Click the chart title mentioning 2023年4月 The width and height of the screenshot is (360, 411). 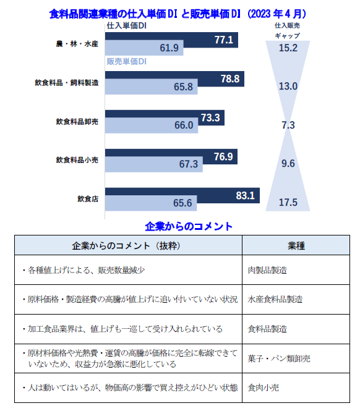(179, 13)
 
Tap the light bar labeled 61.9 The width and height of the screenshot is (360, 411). (145, 48)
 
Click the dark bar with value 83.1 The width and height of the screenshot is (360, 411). (182, 195)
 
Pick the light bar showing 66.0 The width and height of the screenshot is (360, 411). (151, 125)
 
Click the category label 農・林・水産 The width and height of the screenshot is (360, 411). (77, 44)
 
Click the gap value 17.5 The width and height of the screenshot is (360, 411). (288, 202)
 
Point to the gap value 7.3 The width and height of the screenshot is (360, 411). (288, 125)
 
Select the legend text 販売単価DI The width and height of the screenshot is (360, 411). (126, 62)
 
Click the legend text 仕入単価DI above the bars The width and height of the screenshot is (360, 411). (126, 27)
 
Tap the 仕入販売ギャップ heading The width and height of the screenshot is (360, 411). (288, 31)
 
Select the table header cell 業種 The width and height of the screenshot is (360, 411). (296, 245)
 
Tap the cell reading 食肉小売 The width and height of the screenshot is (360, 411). (262, 388)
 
